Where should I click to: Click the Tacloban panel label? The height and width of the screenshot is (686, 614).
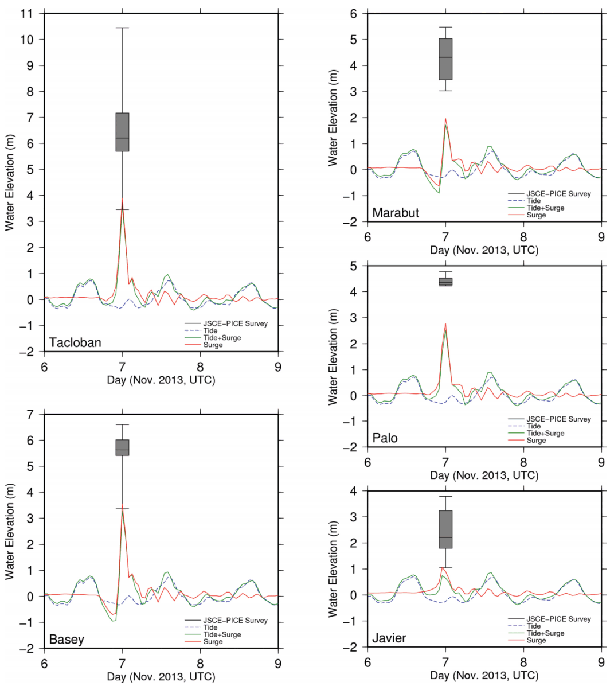click(x=75, y=342)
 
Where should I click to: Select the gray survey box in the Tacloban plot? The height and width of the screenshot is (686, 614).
click(x=122, y=132)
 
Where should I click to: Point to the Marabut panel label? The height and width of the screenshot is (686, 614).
click(x=396, y=213)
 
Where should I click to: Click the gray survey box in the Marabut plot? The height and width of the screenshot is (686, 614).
click(x=445, y=59)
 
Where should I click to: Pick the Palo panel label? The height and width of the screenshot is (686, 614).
click(x=385, y=438)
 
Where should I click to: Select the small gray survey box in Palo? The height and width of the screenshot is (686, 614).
click(x=445, y=282)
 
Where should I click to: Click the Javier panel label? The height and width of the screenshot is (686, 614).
click(x=389, y=638)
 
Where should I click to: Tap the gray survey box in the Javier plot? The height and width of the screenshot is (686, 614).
click(x=445, y=529)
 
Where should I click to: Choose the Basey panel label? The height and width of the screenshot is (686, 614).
click(x=67, y=640)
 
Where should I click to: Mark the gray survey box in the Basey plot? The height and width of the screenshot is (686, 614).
click(x=122, y=447)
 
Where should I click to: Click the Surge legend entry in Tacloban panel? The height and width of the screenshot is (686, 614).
click(x=213, y=345)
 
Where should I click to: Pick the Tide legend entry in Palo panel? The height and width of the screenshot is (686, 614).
click(x=534, y=426)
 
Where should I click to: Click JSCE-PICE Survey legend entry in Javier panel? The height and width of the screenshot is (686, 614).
click(x=558, y=619)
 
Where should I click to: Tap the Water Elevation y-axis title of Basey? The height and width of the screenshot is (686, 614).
click(x=10, y=531)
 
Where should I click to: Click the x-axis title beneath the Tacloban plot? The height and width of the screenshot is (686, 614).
click(x=161, y=380)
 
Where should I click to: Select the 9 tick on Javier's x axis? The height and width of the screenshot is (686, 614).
click(x=601, y=658)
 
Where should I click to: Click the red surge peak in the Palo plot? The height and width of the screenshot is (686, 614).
click(x=445, y=324)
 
